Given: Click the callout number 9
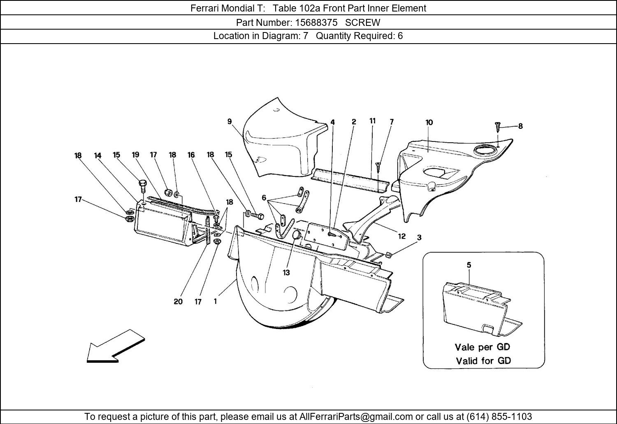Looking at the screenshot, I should [x=230, y=121].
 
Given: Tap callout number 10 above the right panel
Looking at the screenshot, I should [x=429, y=122].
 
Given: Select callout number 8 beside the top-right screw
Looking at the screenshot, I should [x=520, y=126].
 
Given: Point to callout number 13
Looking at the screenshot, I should [x=286, y=272].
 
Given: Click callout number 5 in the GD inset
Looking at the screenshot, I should [x=469, y=265].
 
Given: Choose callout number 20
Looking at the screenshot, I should [x=178, y=301].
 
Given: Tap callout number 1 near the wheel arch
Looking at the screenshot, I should [x=215, y=301].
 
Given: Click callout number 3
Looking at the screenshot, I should [x=419, y=237].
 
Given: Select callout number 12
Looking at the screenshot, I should [x=401, y=236].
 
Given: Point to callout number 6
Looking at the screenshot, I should [x=264, y=198].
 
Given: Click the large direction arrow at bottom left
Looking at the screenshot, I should [x=116, y=346].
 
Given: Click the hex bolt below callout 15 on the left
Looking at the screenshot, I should [x=143, y=186].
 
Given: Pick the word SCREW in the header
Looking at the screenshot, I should [x=362, y=22].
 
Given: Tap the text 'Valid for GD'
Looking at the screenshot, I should [x=483, y=361].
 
